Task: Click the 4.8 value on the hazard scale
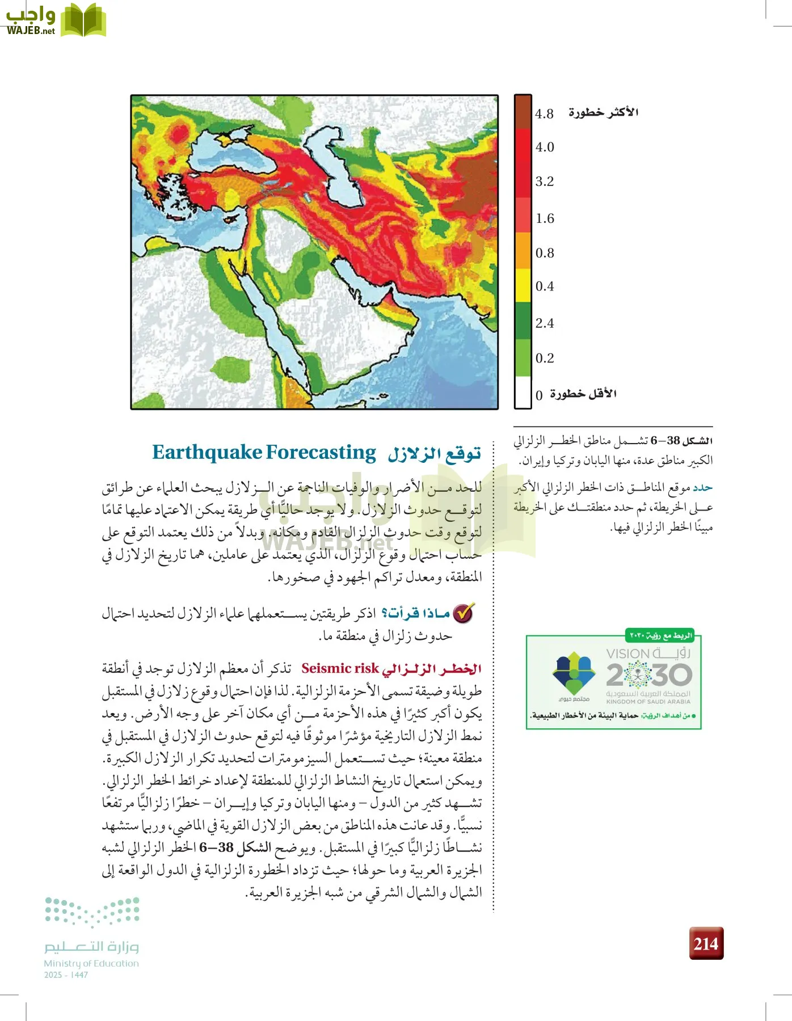click(544, 114)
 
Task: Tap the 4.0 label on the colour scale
click(545, 147)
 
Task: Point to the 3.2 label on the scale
click(545, 182)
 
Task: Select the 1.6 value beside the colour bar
click(545, 218)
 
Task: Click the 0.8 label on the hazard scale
click(545, 253)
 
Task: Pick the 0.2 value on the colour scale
click(545, 358)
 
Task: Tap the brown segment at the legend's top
click(523, 112)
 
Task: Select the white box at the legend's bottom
click(523, 393)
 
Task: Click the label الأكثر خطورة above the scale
click(603, 112)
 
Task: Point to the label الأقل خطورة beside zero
click(583, 394)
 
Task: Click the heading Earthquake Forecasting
click(264, 453)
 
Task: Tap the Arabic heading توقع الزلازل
click(434, 454)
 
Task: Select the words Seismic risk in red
click(340, 668)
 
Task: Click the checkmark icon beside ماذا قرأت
click(464, 613)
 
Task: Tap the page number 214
click(706, 943)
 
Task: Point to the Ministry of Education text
click(91, 963)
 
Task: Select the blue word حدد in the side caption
click(702, 487)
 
